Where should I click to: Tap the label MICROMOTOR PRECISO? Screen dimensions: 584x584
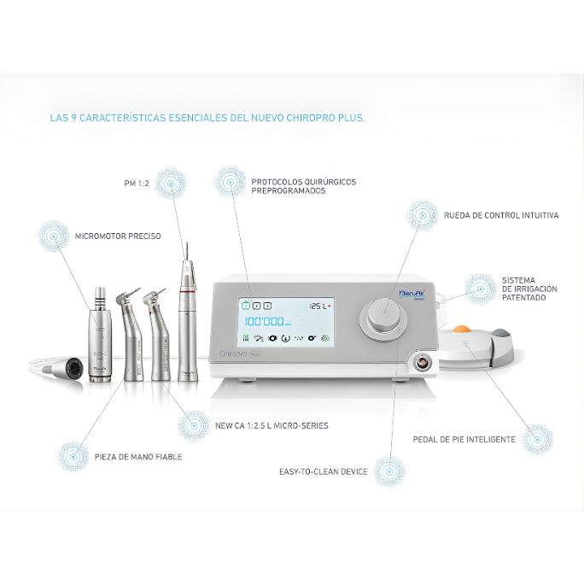tap(118, 236)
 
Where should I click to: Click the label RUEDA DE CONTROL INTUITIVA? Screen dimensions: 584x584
tap(501, 216)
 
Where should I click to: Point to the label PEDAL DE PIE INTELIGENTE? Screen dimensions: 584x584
tap(464, 439)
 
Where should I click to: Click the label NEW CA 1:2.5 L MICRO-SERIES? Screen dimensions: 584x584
tap(272, 425)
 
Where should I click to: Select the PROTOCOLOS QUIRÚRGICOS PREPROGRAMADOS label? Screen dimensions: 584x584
tap(303, 186)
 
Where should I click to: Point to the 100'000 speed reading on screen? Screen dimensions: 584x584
tap(266, 322)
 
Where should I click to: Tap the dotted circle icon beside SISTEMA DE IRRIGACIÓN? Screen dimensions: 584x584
tap(479, 289)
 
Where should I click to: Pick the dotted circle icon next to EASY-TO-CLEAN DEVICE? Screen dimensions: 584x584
tap(389, 471)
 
